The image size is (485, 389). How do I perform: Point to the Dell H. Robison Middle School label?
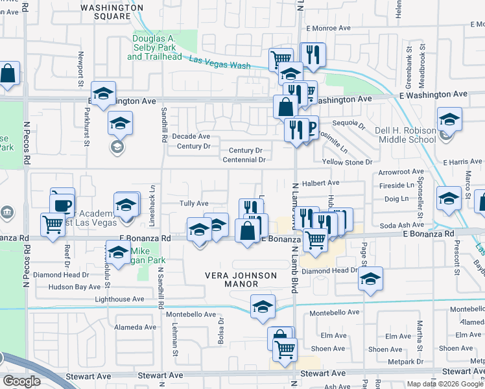(407, 134)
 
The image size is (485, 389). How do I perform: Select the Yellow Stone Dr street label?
(348, 162)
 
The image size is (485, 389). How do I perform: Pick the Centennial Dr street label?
(243, 159)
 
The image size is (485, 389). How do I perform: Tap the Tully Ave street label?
(193, 204)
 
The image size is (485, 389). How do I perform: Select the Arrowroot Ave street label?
(401, 172)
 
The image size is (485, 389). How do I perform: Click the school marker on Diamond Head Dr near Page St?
(370, 279)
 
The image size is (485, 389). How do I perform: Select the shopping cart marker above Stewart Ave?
(285, 349)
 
